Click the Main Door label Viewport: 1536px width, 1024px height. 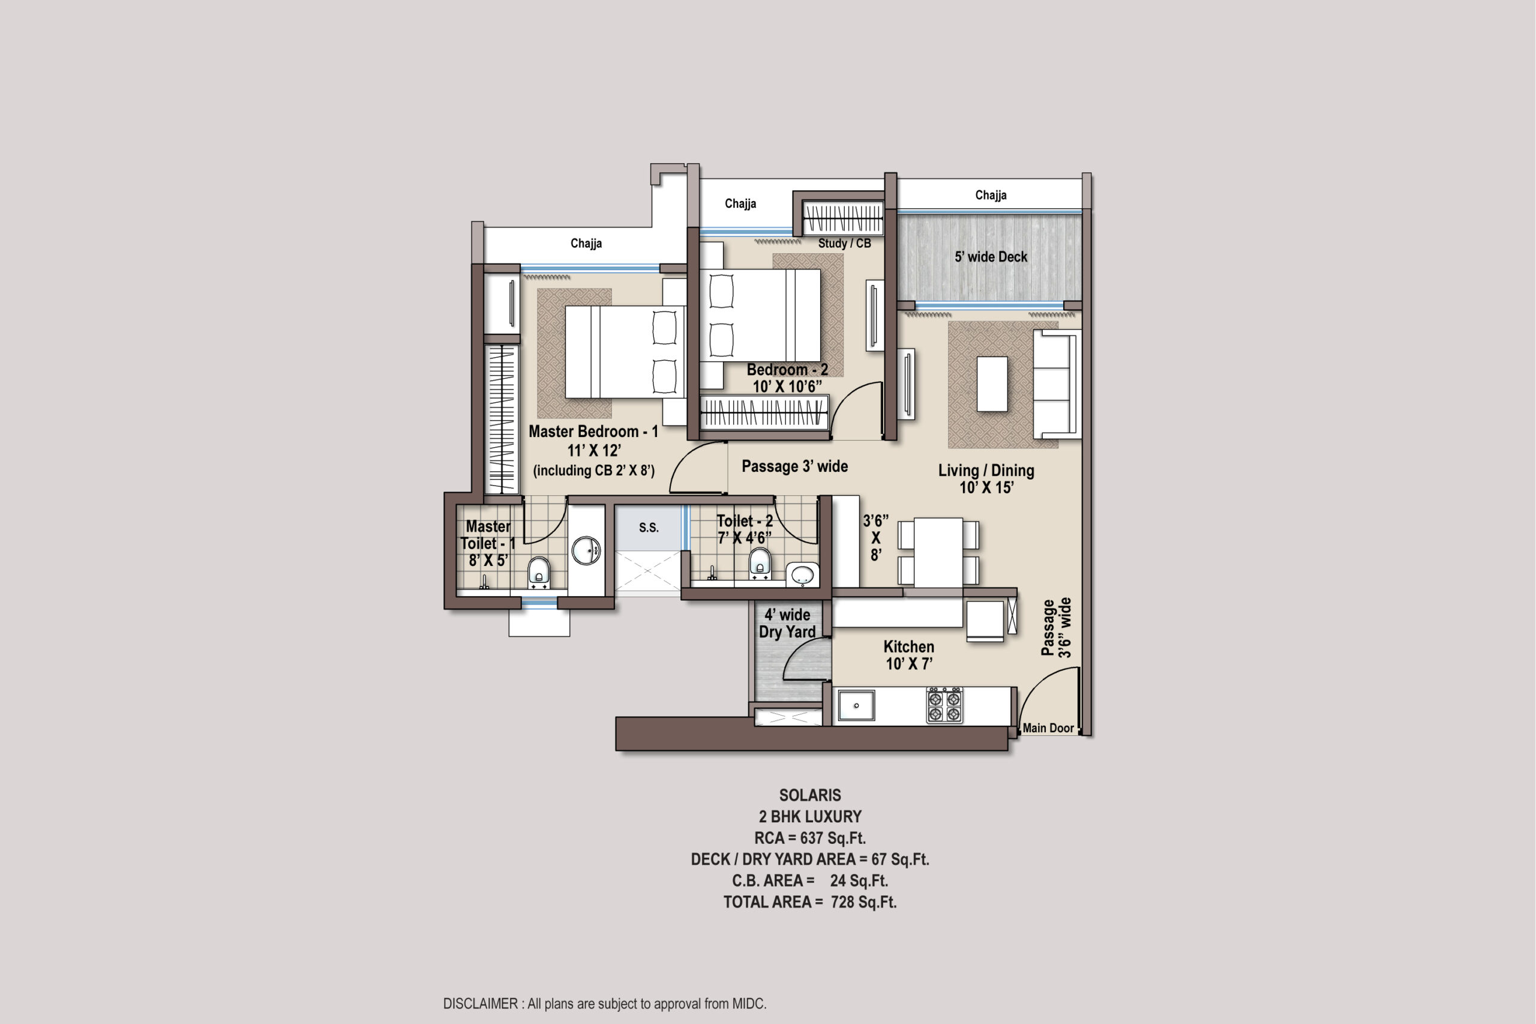point(1048,727)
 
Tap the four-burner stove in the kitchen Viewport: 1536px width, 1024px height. point(944,705)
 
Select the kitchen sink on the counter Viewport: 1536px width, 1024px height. point(856,705)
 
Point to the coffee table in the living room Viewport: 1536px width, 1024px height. point(992,384)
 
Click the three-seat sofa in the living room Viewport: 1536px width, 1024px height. point(1056,384)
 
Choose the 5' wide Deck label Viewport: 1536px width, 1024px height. point(991,257)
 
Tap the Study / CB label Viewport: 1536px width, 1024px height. point(845,243)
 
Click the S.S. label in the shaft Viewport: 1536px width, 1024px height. point(649,528)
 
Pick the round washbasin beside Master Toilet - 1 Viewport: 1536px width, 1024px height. point(586,550)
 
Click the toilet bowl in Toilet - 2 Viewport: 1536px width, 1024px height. point(759,563)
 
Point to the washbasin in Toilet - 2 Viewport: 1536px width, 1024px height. point(802,574)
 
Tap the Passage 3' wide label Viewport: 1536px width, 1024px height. point(794,466)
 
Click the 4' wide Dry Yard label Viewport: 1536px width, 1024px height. point(787,623)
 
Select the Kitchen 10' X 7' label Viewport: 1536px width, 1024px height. point(908,655)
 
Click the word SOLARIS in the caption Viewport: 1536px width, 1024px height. point(810,795)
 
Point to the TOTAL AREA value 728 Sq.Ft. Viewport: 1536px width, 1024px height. point(863,902)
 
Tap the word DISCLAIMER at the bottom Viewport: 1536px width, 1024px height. point(481,1004)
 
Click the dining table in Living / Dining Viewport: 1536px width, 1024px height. point(938,552)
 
